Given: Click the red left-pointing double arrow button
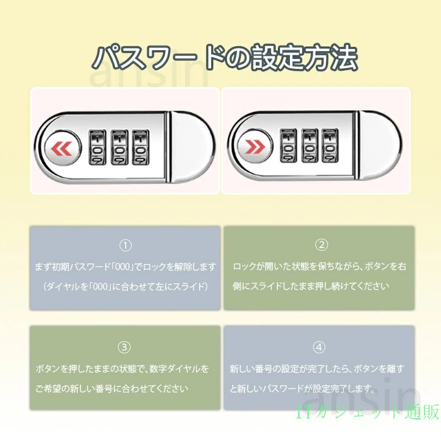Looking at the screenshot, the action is [62, 148].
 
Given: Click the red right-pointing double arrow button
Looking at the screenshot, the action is [255, 146].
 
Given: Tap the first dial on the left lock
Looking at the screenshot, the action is [98, 147].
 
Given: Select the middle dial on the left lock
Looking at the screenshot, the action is [120, 147].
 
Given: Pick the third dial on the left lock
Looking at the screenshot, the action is [141, 147].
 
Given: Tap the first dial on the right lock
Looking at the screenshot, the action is [288, 146].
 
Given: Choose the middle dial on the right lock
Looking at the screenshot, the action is [310, 146].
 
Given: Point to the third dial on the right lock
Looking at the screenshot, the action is [330, 146].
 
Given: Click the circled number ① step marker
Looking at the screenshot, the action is [126, 245].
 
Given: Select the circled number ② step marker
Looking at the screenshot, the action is [321, 245].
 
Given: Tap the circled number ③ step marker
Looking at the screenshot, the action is [124, 347].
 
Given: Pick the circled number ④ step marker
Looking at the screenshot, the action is [319, 347].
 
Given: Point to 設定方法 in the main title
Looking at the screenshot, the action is [304, 57].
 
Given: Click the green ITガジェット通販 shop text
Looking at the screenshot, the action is [368, 412].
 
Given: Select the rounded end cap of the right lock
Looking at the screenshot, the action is [380, 146].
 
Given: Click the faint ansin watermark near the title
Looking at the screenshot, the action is [149, 74].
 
